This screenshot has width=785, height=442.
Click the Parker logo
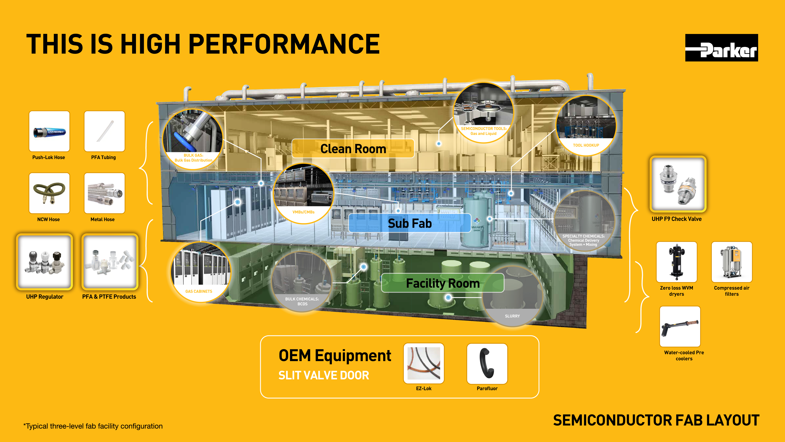pyautogui.click(x=721, y=48)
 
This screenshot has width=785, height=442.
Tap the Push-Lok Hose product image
pyautogui.click(x=49, y=131)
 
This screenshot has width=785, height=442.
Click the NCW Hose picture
pyautogui.click(x=49, y=193)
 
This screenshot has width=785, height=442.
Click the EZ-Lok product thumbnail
pyautogui.click(x=424, y=363)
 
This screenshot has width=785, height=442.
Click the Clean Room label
pyautogui.click(x=353, y=149)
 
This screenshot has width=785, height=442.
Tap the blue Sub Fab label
pyautogui.click(x=409, y=223)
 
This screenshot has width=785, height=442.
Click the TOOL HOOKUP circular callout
pyautogui.click(x=586, y=126)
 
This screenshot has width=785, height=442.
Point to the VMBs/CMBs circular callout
pyautogui.click(x=304, y=194)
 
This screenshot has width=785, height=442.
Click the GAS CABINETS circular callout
pyautogui.click(x=200, y=272)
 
